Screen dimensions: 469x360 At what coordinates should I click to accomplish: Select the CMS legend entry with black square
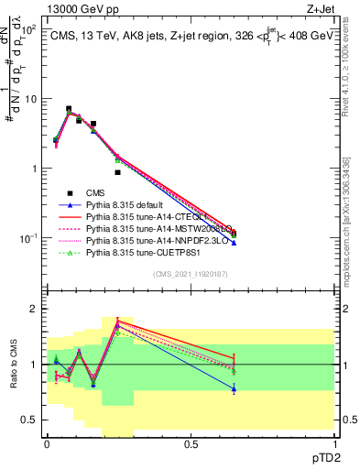pos(96,193)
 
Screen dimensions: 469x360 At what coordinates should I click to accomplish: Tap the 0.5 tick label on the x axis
pos(191,442)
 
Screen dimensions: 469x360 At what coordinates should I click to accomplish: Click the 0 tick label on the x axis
pos(47,442)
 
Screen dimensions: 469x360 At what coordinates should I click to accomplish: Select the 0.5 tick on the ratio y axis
pos(29,420)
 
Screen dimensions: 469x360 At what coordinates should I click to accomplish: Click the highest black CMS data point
pos(69,109)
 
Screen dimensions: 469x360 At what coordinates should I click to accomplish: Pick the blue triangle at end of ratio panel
pos(234,389)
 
